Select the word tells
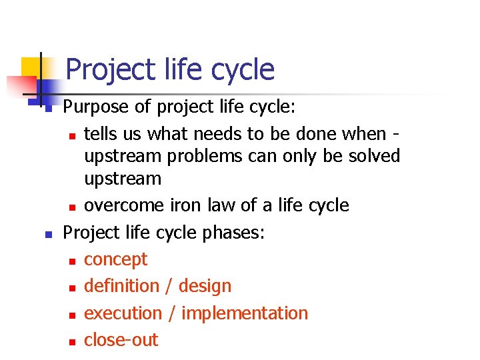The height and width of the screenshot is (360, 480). pyautogui.click(x=101, y=134)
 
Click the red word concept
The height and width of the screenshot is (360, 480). pyautogui.click(x=115, y=259)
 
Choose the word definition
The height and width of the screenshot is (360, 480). pyautogui.click(x=121, y=286)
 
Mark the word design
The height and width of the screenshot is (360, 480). pyautogui.click(x=203, y=287)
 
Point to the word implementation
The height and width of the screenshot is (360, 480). pyautogui.click(x=245, y=313)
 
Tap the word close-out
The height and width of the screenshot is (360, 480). pyautogui.click(x=121, y=339)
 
